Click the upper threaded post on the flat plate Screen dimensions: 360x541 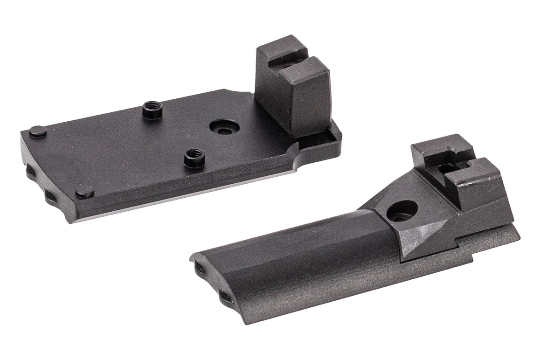(152, 110)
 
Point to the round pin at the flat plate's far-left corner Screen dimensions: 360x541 (38, 132)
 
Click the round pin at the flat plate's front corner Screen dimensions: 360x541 (84, 191)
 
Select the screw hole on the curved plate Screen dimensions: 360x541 (402, 211)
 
